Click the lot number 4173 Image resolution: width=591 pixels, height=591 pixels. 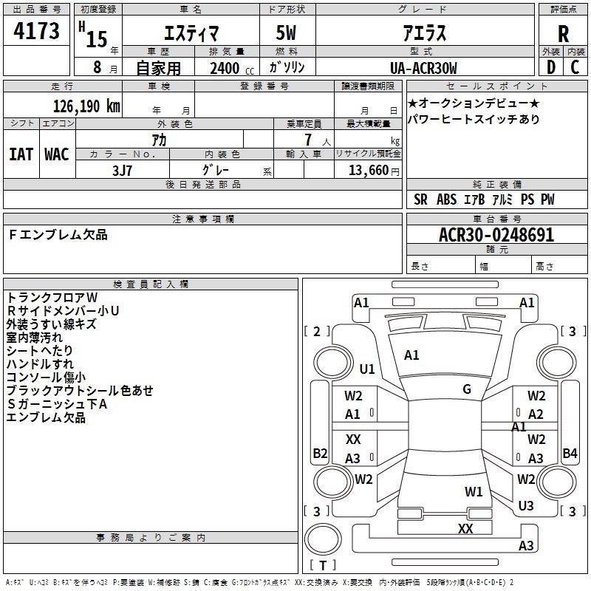point(36,30)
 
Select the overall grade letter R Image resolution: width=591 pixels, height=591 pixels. point(563,34)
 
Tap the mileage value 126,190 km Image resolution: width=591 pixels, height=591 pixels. point(86,106)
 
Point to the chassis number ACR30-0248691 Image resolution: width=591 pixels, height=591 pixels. point(496,235)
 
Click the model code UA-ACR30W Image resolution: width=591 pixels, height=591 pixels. point(423,68)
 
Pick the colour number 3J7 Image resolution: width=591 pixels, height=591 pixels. point(122,171)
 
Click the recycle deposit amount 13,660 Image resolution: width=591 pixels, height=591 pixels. point(369,171)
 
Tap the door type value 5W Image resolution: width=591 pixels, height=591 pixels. point(286,33)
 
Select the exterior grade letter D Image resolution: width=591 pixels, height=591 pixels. point(550,67)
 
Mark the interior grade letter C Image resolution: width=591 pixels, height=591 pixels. point(575,67)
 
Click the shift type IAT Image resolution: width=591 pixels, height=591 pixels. point(21,154)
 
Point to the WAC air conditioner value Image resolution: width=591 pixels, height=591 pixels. point(57,154)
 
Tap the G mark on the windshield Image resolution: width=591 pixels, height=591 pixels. point(467,389)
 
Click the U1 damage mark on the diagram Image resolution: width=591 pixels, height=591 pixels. point(367,369)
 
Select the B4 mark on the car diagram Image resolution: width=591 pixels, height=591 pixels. point(570,453)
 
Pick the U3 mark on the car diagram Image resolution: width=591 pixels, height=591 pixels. point(526,505)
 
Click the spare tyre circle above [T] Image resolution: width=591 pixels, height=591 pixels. point(323,539)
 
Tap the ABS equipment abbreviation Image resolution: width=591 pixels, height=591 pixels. point(446,199)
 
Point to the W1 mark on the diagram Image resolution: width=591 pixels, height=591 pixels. point(474,491)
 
